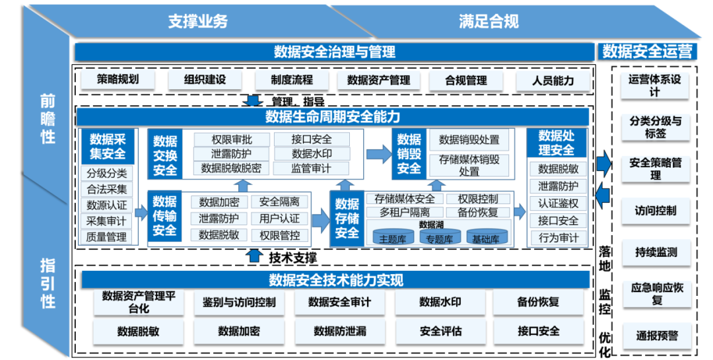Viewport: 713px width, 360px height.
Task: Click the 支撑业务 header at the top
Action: coord(197,21)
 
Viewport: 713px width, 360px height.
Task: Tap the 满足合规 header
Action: coord(489,21)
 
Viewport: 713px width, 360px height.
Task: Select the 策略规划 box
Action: coord(118,80)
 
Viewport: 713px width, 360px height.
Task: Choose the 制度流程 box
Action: coord(292,81)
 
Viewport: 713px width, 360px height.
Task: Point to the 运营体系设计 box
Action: coord(654,85)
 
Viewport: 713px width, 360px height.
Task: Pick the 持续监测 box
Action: coord(656,252)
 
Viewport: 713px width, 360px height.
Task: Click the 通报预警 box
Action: coord(656,336)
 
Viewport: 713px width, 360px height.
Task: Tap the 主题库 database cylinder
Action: coord(391,237)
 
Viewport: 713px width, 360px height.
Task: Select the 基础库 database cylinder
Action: coord(487,237)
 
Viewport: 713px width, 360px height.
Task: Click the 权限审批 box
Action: coord(231,140)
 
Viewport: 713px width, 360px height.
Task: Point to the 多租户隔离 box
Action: coord(404,213)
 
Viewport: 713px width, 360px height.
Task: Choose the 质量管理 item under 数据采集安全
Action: coord(106,236)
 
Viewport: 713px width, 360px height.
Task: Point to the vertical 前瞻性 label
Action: coord(48,119)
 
